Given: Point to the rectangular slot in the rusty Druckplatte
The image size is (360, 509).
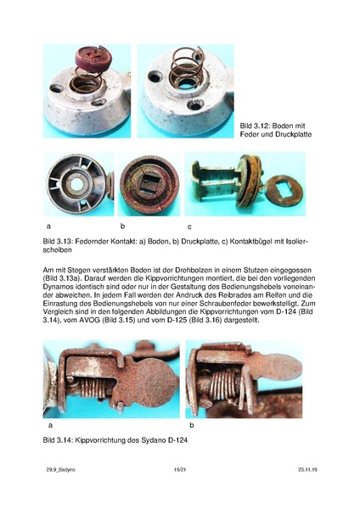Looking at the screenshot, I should point(145,187).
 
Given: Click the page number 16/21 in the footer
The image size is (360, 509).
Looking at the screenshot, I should point(179,491).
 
